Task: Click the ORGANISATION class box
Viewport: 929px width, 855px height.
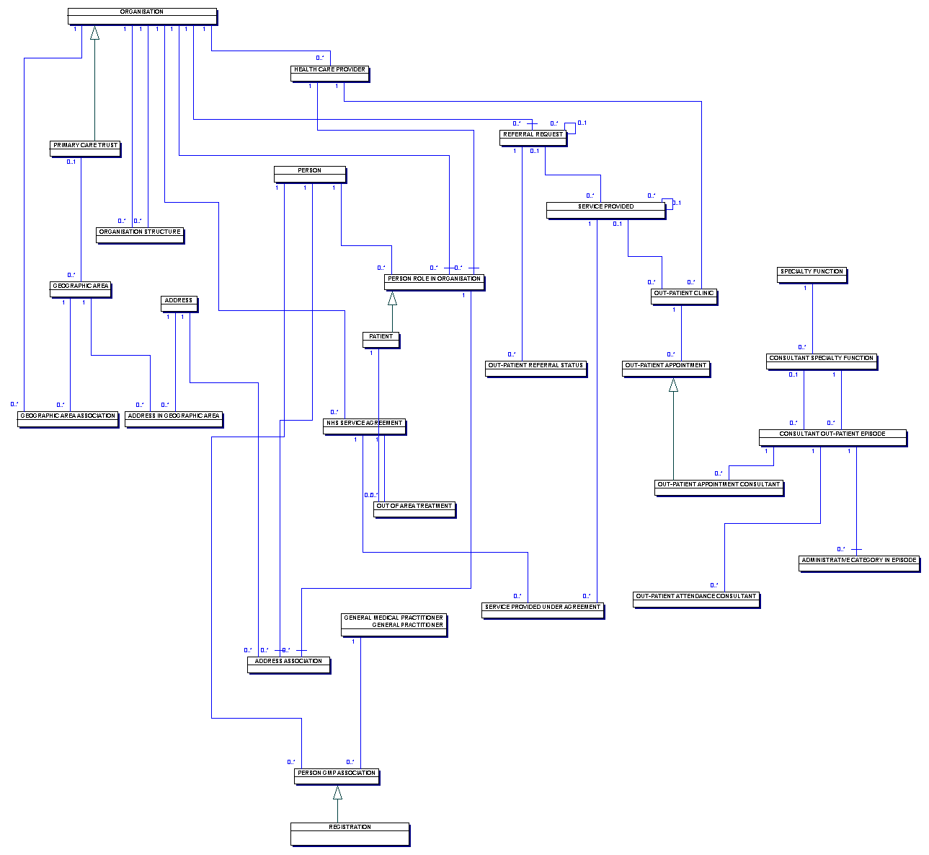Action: (x=142, y=16)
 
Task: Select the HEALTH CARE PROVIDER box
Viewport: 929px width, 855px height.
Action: (x=330, y=74)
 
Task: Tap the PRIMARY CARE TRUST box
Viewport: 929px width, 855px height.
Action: (x=85, y=149)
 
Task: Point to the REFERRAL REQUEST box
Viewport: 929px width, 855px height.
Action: (x=533, y=139)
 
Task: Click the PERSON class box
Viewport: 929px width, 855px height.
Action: (x=310, y=175)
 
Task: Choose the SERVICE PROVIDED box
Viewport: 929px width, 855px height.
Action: (x=605, y=211)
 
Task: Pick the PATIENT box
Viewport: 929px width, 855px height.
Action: (x=381, y=341)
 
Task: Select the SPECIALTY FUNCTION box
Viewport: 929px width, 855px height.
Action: (x=812, y=276)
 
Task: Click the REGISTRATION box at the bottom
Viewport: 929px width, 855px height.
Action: (x=350, y=834)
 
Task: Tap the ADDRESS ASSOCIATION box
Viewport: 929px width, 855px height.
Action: (x=288, y=665)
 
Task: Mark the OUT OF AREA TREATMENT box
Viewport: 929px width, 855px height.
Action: (x=414, y=509)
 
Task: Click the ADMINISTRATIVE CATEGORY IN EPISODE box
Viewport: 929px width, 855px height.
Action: (x=859, y=564)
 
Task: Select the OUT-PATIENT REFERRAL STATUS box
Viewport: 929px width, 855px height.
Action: (x=535, y=369)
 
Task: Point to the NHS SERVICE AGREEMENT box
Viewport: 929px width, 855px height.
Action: (x=365, y=427)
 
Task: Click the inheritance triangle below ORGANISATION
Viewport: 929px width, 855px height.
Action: (x=94, y=33)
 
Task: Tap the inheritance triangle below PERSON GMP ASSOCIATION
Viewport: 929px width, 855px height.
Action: (x=337, y=793)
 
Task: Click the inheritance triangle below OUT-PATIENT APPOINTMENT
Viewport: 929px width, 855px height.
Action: (x=673, y=385)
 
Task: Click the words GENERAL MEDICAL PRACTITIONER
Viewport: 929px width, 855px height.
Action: (x=394, y=618)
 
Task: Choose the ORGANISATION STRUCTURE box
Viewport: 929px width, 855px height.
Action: (x=140, y=235)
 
